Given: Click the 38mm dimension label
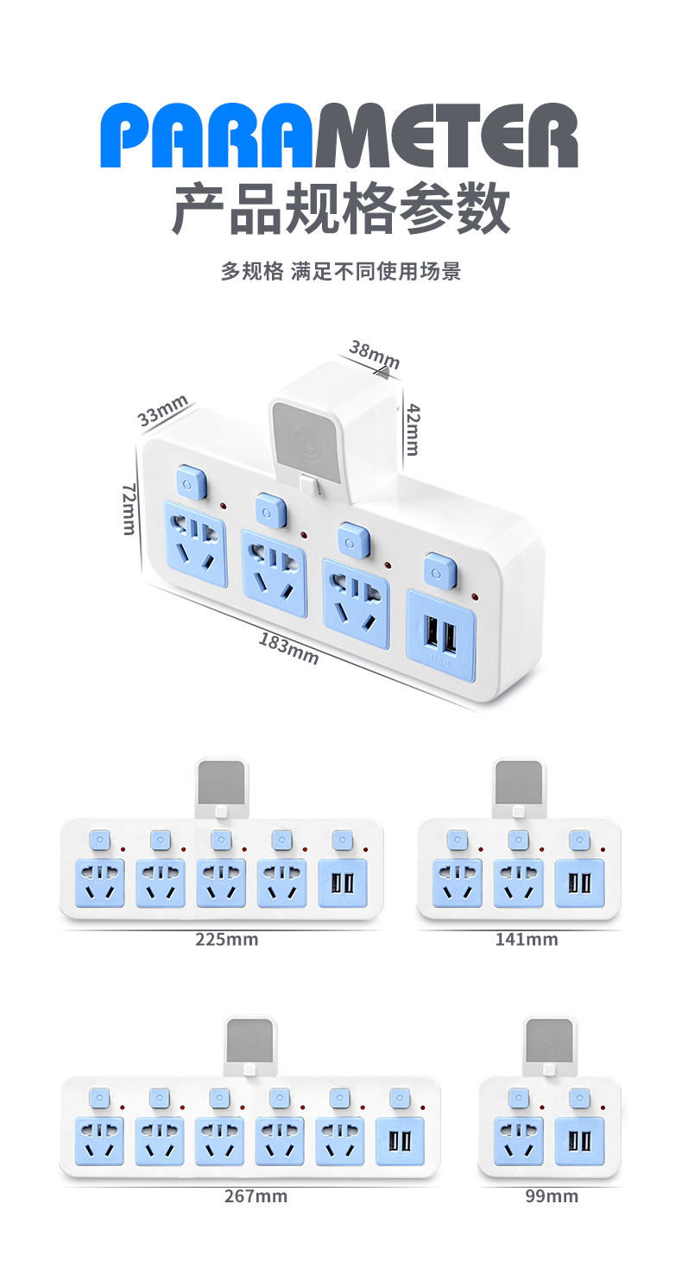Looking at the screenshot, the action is pos(375,355).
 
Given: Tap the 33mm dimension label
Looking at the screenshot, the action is pos(162,411).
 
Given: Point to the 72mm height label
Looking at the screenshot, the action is pos(129,508).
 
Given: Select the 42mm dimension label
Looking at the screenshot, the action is pos(413,430).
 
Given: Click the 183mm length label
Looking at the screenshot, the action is pos(288,648).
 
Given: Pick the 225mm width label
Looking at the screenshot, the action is pos(227,939).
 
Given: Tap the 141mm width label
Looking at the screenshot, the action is pos(527,939).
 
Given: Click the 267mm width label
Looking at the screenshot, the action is pos(256,1196).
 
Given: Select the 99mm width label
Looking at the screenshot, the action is pos(552,1196).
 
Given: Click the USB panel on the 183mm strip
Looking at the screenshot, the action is pos(441,634).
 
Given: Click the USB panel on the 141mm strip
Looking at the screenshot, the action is pos(580,883).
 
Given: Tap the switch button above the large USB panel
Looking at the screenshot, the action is pos(440,571).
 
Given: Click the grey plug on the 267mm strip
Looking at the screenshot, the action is pos(250,1042).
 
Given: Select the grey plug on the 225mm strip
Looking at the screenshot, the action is pos(222,785).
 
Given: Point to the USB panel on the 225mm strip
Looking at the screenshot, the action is pos(344,883).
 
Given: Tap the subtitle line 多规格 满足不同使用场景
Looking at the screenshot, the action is pos(341,271).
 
